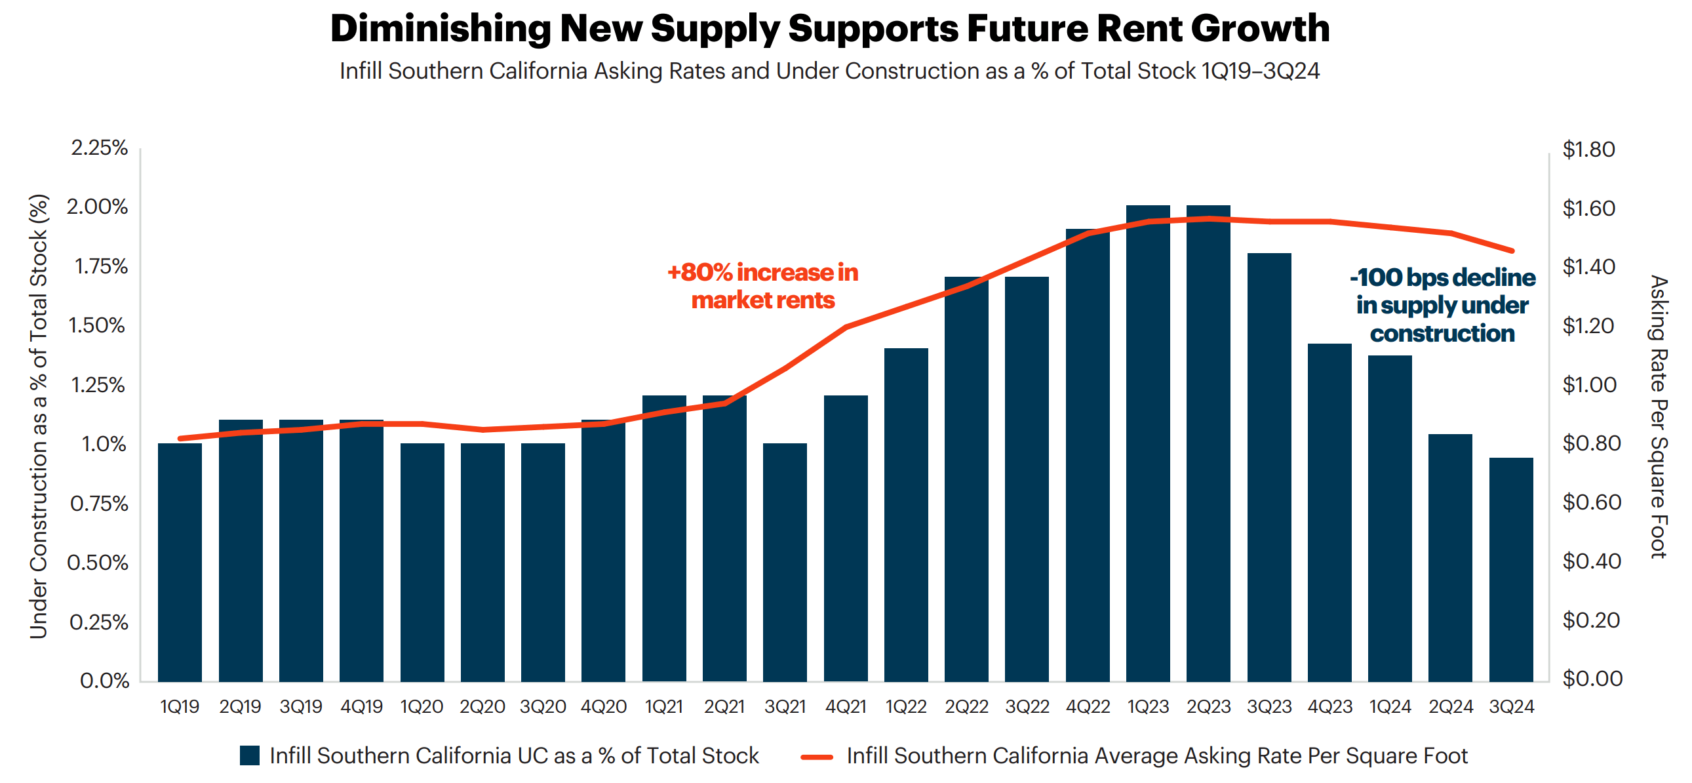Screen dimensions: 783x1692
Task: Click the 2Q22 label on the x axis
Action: tap(966, 707)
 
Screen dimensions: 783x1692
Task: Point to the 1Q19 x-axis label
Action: tap(180, 707)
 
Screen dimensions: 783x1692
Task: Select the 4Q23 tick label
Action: tap(1329, 707)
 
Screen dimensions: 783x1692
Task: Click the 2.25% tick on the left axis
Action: tap(99, 148)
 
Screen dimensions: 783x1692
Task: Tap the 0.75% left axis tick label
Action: tap(99, 504)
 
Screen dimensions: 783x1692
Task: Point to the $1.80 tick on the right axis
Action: tap(1588, 150)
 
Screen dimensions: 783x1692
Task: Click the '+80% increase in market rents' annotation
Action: tap(762, 286)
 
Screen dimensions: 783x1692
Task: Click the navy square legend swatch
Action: tap(250, 755)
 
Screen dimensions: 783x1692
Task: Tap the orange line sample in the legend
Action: tap(816, 757)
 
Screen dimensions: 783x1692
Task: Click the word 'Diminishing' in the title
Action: tap(439, 29)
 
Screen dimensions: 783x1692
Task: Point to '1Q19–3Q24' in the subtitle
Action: tap(1260, 71)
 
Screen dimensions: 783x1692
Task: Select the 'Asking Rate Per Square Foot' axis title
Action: tap(1659, 416)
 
